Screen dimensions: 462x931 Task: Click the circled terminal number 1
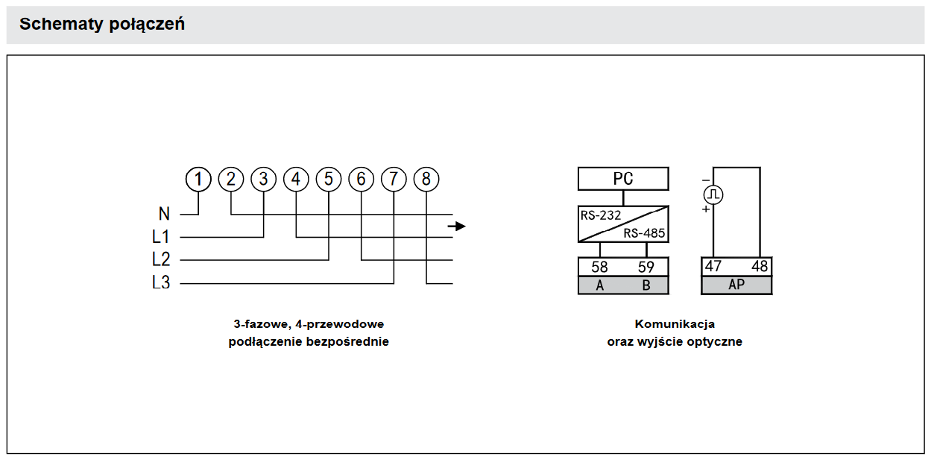[198, 180]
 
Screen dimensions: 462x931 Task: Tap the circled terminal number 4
[296, 180]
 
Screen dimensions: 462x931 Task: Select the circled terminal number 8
[426, 180]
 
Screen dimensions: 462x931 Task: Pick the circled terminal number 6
[361, 180]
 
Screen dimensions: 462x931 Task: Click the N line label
[164, 215]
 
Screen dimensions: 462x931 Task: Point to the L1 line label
[161, 238]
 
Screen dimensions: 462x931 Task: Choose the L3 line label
[161, 283]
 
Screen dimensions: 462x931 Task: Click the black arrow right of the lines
[457, 226]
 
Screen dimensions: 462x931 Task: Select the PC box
[623, 179]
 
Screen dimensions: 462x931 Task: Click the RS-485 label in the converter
[644, 233]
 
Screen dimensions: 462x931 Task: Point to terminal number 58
[600, 267]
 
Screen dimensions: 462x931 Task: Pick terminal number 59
[646, 267]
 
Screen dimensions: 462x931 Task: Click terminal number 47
[713, 266]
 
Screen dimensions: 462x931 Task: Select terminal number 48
[759, 266]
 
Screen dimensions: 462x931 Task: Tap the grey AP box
[736, 285]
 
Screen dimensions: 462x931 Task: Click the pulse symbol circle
[713, 195]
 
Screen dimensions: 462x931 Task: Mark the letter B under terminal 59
[646, 285]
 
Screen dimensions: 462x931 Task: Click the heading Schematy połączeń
[102, 25]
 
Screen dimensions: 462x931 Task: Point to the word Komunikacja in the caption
[675, 324]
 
